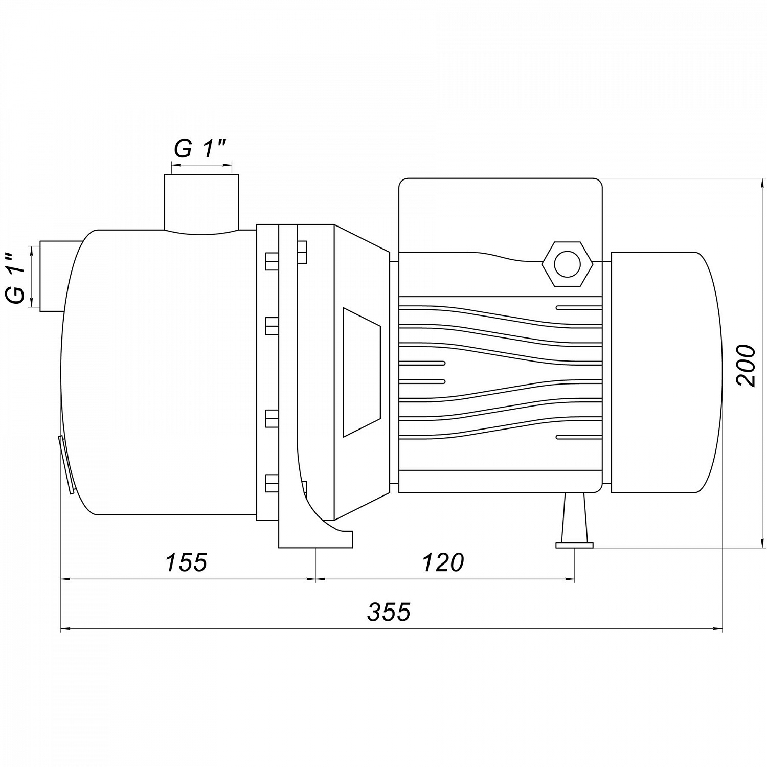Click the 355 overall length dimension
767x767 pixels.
click(389, 612)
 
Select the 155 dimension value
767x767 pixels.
click(186, 562)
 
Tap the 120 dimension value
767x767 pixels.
click(443, 562)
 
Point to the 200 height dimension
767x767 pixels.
click(746, 366)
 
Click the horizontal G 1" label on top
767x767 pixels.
click(200, 149)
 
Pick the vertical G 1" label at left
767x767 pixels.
click(17, 279)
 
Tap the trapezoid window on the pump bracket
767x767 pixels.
click(362, 372)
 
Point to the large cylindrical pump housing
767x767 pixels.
click(159, 372)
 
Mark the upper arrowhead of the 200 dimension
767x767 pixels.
click(763, 184)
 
